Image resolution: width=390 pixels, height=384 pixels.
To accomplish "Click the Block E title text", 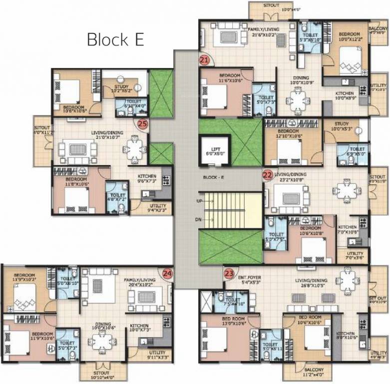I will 115,39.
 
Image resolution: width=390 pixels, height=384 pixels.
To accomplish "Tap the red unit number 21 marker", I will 204,60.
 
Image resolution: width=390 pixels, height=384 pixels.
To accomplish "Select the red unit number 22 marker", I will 268,175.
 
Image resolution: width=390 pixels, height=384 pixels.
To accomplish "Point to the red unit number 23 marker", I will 229,273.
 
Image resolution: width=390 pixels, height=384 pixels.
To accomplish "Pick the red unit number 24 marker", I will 167,273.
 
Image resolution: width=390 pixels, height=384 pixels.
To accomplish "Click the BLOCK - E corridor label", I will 213,178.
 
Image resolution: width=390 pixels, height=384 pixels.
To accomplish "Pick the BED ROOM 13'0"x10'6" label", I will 219,320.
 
